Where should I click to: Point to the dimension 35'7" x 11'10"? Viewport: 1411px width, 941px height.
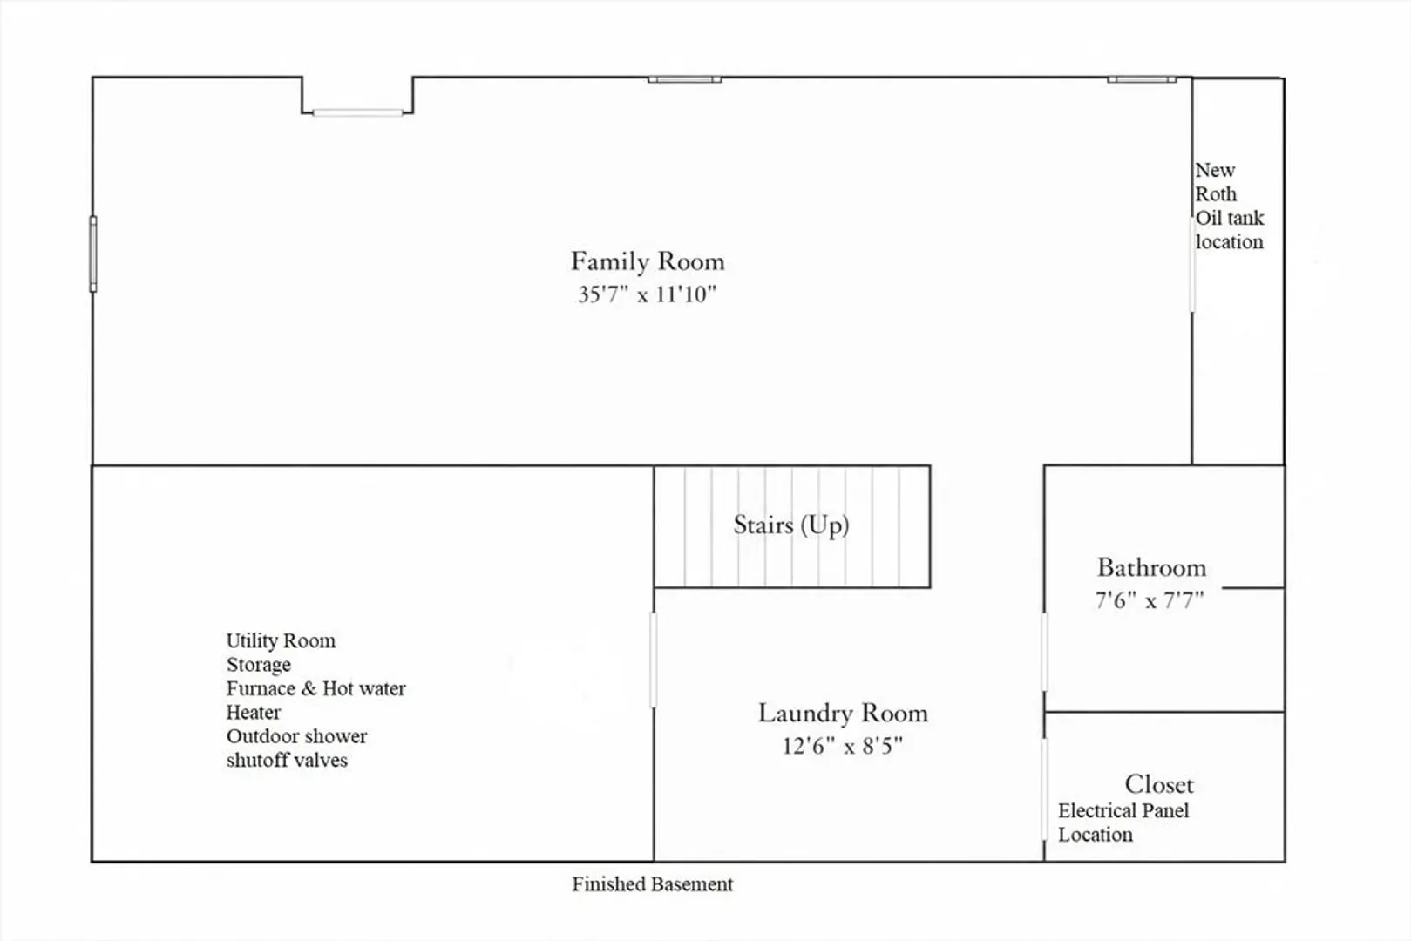648,294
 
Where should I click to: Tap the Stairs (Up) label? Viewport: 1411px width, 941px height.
791,525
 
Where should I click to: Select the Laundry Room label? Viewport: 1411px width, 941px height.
843,713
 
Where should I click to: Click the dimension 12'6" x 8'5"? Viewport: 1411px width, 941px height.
843,747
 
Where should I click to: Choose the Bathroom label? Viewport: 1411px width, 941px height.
1151,567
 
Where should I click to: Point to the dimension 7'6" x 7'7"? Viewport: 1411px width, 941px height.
1150,600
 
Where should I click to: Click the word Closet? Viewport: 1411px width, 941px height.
1159,785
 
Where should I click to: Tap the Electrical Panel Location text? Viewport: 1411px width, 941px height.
1123,823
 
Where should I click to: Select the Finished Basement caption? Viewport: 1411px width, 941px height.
653,884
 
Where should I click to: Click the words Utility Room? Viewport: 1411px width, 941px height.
281,640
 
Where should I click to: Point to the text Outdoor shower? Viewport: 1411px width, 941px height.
296,736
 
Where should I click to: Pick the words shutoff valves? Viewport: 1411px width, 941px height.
288,761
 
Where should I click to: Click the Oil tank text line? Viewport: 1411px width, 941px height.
1230,218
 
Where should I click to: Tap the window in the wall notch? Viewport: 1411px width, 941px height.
358,113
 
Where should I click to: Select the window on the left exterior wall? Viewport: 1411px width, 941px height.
93,254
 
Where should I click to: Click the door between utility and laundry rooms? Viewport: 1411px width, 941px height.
654,660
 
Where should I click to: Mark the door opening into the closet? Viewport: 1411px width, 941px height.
1044,789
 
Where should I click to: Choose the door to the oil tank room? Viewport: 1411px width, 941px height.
1191,265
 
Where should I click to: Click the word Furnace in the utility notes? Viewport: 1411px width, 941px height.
261,688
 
